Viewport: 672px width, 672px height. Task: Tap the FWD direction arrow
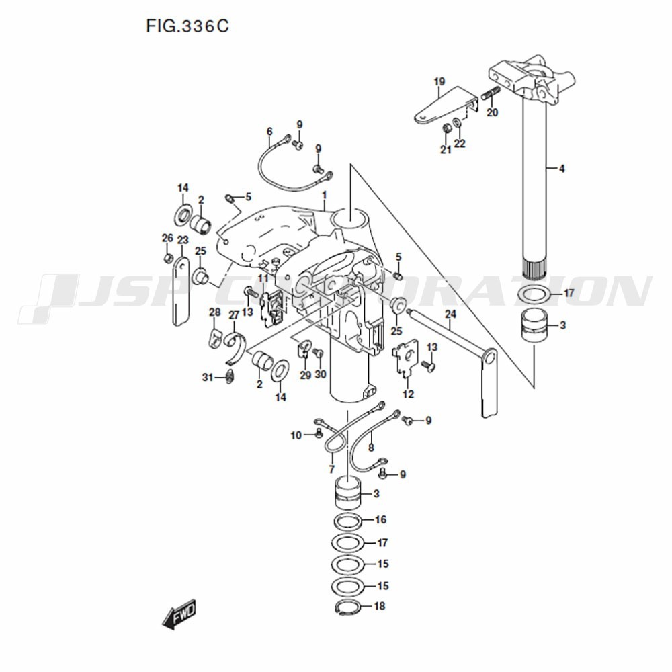(179, 614)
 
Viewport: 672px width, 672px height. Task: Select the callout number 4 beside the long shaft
(562, 169)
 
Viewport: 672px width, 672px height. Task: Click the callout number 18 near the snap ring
(380, 606)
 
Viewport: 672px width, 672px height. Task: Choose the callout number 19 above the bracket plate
(439, 82)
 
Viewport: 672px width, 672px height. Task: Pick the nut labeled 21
(445, 128)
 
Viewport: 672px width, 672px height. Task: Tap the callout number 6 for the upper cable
(269, 131)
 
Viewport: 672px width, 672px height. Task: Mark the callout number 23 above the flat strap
(183, 239)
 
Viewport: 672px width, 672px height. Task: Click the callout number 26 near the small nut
(167, 238)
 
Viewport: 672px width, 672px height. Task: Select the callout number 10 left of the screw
(296, 435)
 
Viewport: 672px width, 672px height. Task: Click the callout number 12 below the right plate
(408, 394)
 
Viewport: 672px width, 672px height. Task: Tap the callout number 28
(214, 312)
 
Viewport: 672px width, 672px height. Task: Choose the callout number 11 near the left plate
(263, 278)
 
